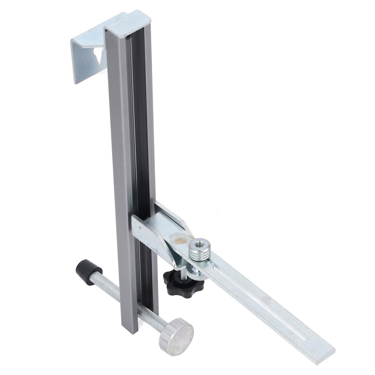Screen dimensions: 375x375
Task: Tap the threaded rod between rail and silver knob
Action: click(x=152, y=319)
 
